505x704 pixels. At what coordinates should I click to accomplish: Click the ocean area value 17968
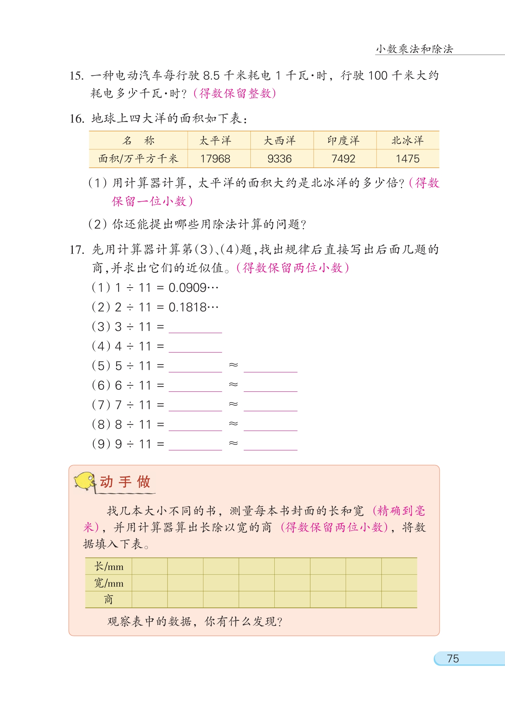tap(215, 159)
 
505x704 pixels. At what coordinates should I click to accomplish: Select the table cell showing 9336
tap(279, 159)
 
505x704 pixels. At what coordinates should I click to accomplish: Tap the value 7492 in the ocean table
tap(343, 159)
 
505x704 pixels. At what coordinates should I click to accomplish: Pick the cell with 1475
tap(407, 159)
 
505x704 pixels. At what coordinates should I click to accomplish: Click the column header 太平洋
tap(215, 140)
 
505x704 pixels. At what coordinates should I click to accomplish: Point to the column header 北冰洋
tap(407, 140)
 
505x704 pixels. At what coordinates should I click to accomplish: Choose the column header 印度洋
tap(343, 140)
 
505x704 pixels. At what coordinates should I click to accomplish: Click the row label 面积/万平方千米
tap(138, 159)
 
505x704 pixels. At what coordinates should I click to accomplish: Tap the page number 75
tap(453, 658)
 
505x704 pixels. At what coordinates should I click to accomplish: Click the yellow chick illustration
tap(85, 481)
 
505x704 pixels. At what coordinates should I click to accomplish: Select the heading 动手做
tap(125, 482)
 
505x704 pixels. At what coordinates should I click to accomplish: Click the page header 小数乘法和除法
tap(414, 49)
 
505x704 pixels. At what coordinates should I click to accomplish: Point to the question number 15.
tap(77, 76)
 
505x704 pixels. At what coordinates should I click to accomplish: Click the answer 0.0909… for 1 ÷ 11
tap(193, 288)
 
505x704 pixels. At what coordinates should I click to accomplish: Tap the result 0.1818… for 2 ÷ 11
tap(193, 307)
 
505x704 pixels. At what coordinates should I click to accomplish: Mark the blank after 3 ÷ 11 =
tap(195, 328)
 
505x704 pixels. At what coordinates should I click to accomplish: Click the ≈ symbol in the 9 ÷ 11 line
tap(233, 443)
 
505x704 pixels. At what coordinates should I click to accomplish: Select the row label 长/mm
tap(109, 567)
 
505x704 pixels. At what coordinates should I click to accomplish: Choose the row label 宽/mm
tap(109, 583)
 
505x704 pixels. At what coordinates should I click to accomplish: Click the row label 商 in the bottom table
tap(108, 599)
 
